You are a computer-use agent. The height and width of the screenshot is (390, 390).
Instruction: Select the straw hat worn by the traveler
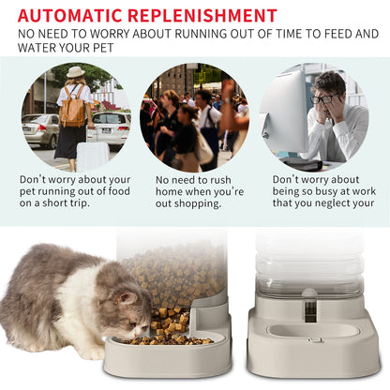click(x=75, y=72)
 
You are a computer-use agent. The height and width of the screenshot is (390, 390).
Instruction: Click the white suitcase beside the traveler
click(x=92, y=156)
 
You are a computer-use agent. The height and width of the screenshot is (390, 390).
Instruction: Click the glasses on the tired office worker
click(x=323, y=98)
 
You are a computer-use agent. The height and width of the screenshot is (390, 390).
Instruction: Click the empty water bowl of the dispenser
click(x=312, y=330)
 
